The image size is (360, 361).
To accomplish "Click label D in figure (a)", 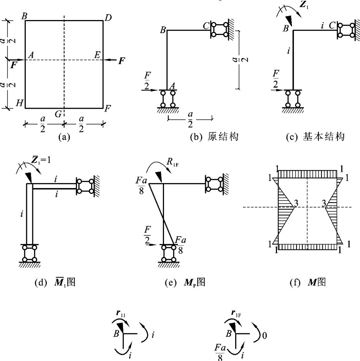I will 108,18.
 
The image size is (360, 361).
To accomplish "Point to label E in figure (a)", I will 98,55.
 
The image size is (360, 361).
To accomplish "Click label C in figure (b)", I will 206,26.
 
